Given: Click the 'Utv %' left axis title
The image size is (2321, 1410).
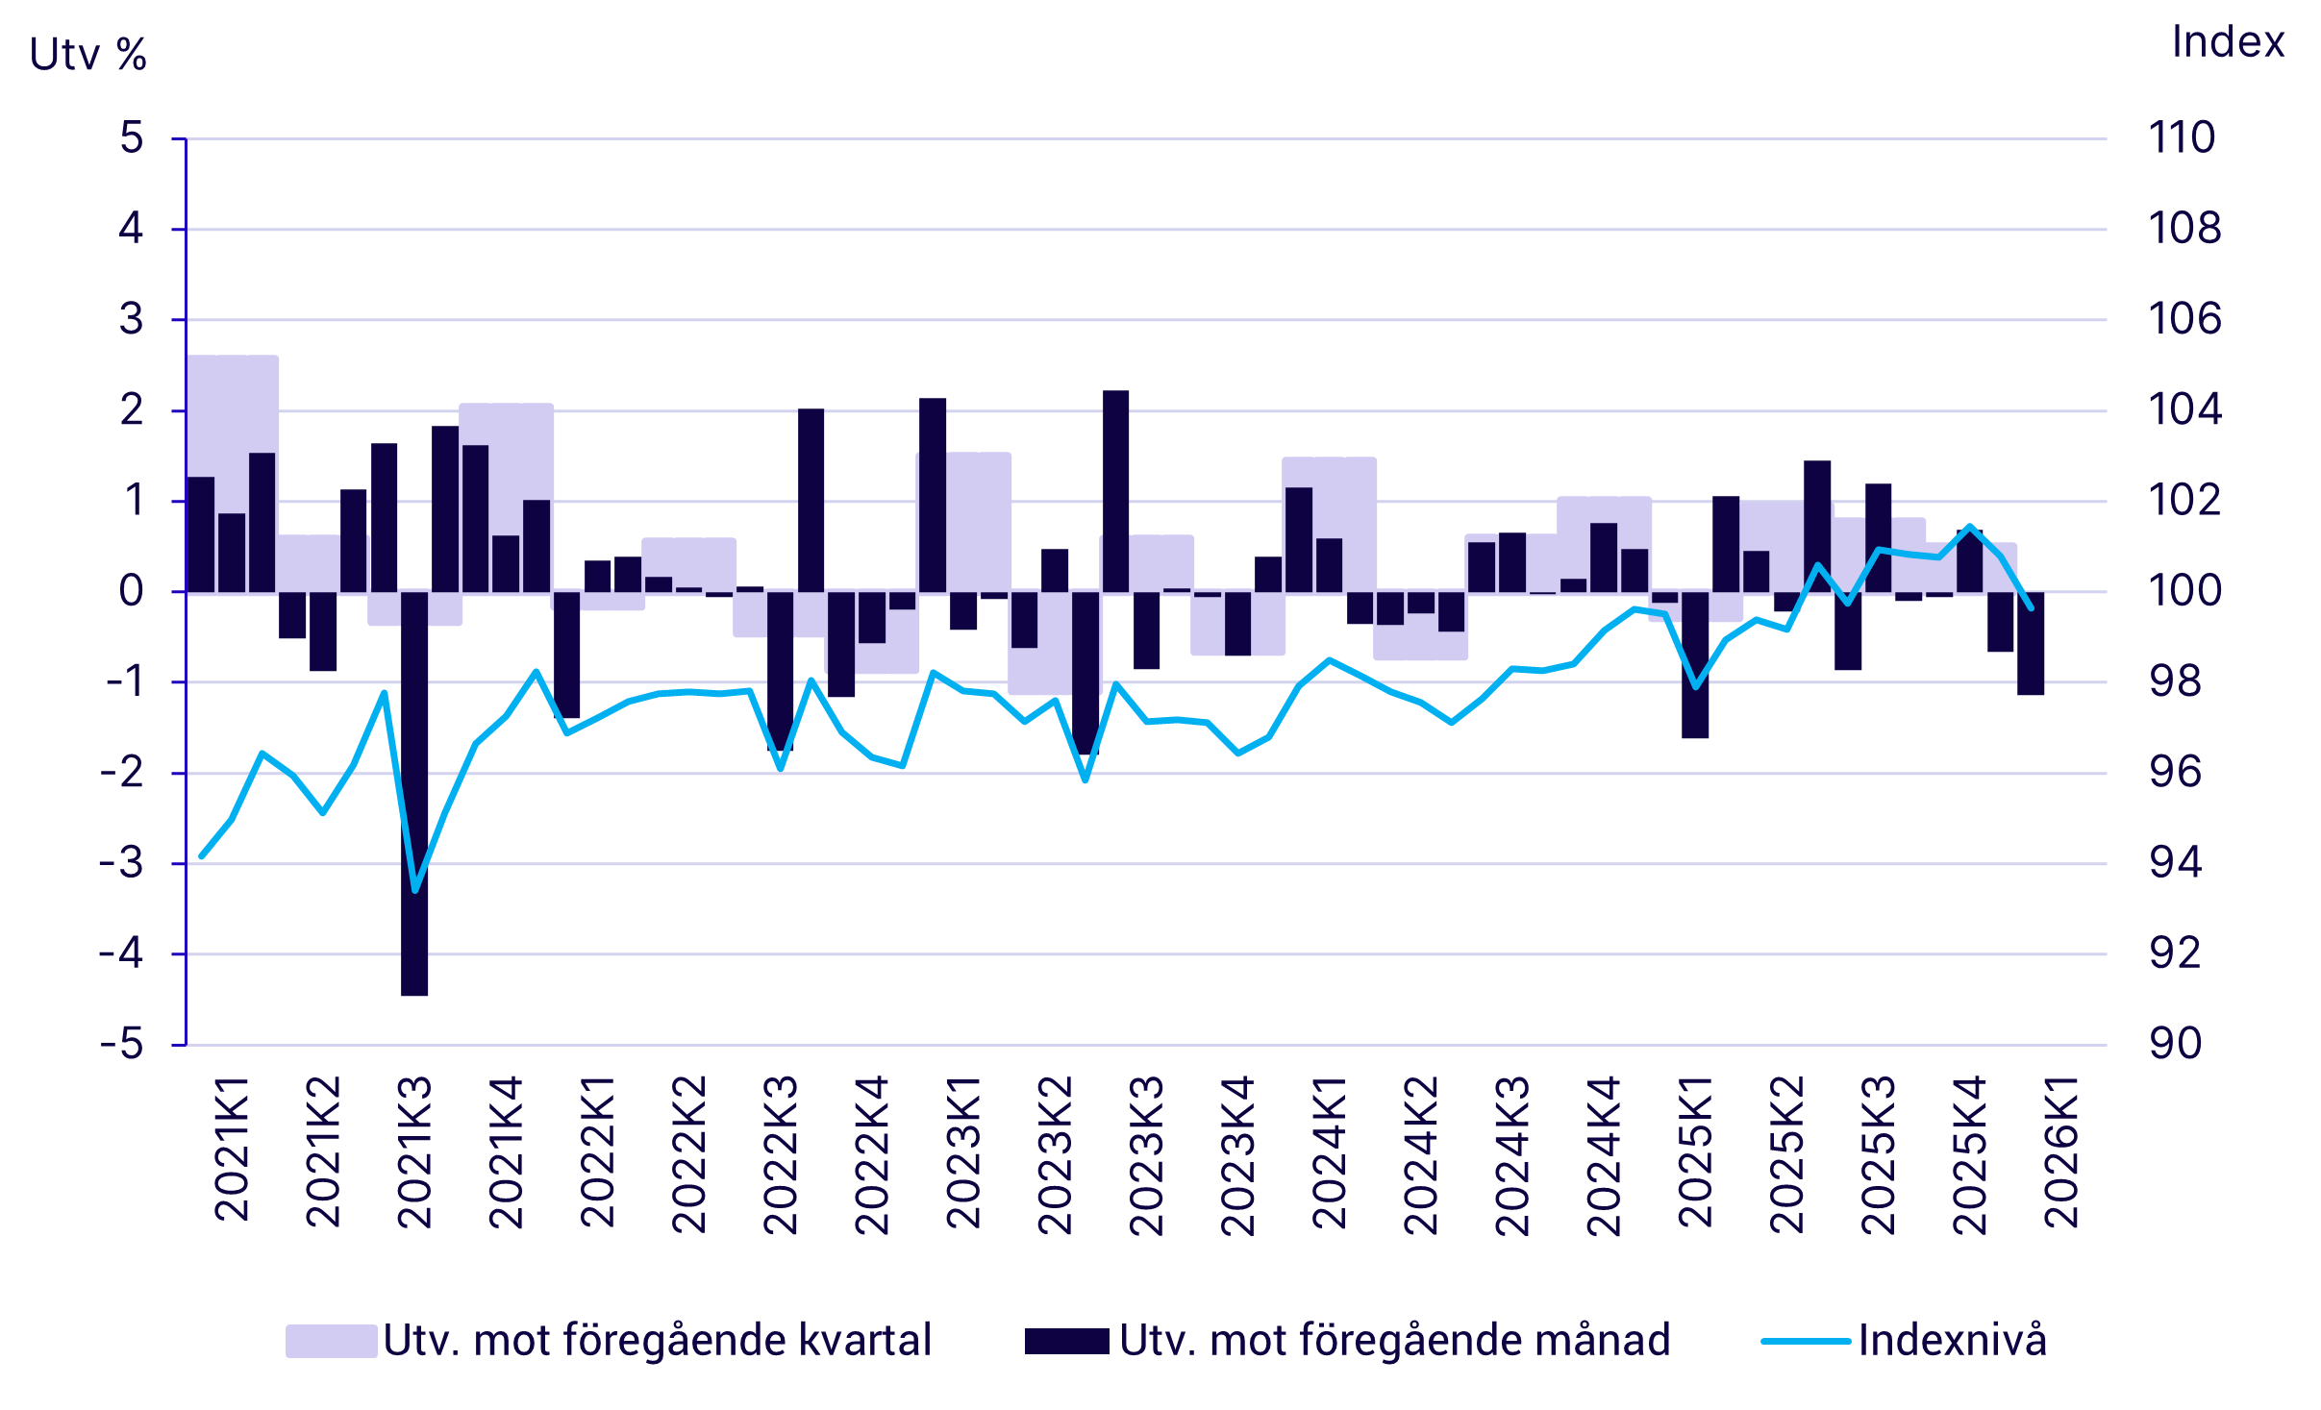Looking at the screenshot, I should (87, 55).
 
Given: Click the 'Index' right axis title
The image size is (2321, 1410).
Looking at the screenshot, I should (2228, 42).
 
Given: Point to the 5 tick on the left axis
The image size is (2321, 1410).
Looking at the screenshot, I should (132, 138).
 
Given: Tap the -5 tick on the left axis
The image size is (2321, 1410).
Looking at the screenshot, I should (122, 1044).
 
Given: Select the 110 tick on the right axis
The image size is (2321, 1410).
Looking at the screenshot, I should (2182, 138).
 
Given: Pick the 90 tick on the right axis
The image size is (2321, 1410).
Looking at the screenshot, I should (2175, 1044).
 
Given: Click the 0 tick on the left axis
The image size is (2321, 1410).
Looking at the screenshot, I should (132, 591).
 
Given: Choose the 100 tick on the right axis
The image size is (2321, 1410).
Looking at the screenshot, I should (2184, 591).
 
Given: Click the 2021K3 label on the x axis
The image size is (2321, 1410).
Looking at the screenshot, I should (414, 1153).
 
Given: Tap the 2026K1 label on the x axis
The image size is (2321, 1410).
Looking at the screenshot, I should (2061, 1153).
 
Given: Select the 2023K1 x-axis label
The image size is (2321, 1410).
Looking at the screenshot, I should (963, 1153).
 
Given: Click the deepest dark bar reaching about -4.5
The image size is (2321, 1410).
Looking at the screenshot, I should (414, 793).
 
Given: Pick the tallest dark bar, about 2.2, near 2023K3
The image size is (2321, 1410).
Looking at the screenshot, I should (1115, 490).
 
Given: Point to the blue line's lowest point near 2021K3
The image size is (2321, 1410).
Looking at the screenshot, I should (415, 890).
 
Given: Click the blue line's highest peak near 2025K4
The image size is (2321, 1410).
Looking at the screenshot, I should (1970, 527).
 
